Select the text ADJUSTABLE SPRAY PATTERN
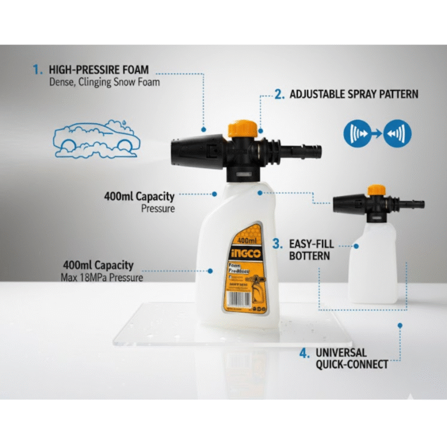[x=354, y=95]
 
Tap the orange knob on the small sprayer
[x=377, y=190]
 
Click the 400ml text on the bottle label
[x=246, y=241]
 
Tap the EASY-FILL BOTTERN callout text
[x=310, y=250]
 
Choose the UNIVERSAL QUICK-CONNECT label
[x=351, y=358]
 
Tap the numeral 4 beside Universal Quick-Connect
[x=305, y=352]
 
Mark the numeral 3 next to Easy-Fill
[x=277, y=243]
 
